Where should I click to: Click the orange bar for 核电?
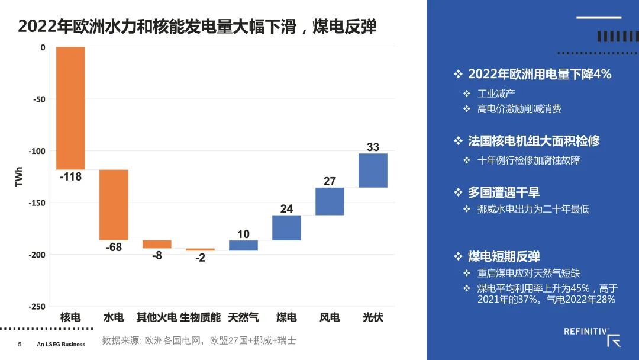click(x=70, y=108)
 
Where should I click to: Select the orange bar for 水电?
click(x=114, y=204)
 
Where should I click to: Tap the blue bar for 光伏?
click(x=373, y=171)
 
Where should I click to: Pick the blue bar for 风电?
click(x=330, y=201)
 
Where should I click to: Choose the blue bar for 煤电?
click(x=286, y=227)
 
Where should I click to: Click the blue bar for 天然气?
click(x=243, y=245)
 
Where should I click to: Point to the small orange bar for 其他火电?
click(x=157, y=244)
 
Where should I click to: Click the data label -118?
click(x=70, y=176)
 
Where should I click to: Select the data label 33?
click(x=373, y=147)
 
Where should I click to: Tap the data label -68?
click(x=114, y=247)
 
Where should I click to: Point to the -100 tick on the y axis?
click(x=37, y=151)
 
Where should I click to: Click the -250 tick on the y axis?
click(x=37, y=307)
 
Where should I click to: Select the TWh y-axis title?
click(x=19, y=176)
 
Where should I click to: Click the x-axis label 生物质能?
click(x=200, y=317)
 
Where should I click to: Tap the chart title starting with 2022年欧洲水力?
click(x=197, y=27)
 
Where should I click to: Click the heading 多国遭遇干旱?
click(x=504, y=192)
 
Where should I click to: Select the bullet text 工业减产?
click(x=496, y=94)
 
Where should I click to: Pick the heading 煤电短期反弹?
click(x=504, y=256)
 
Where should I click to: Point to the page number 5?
click(x=20, y=344)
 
